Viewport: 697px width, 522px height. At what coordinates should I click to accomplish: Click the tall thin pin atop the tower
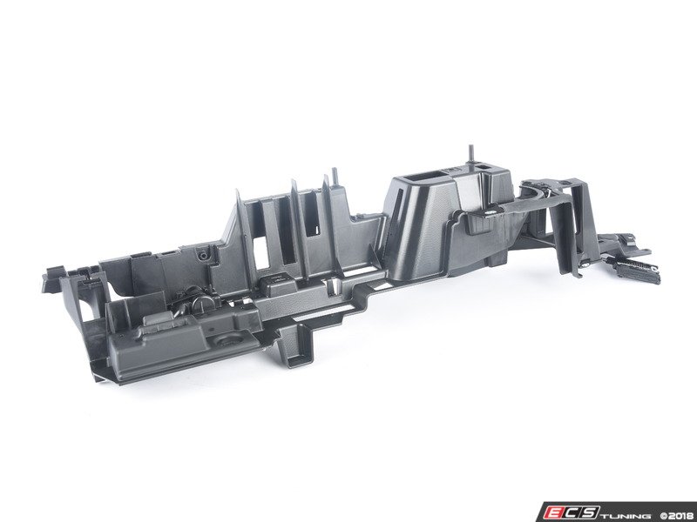(x=470, y=157)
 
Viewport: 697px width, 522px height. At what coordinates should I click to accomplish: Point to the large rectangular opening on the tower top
(x=420, y=177)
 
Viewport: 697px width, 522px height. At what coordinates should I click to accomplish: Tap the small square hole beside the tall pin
(x=482, y=166)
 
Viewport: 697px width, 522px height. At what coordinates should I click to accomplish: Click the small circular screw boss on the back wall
(x=204, y=256)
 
